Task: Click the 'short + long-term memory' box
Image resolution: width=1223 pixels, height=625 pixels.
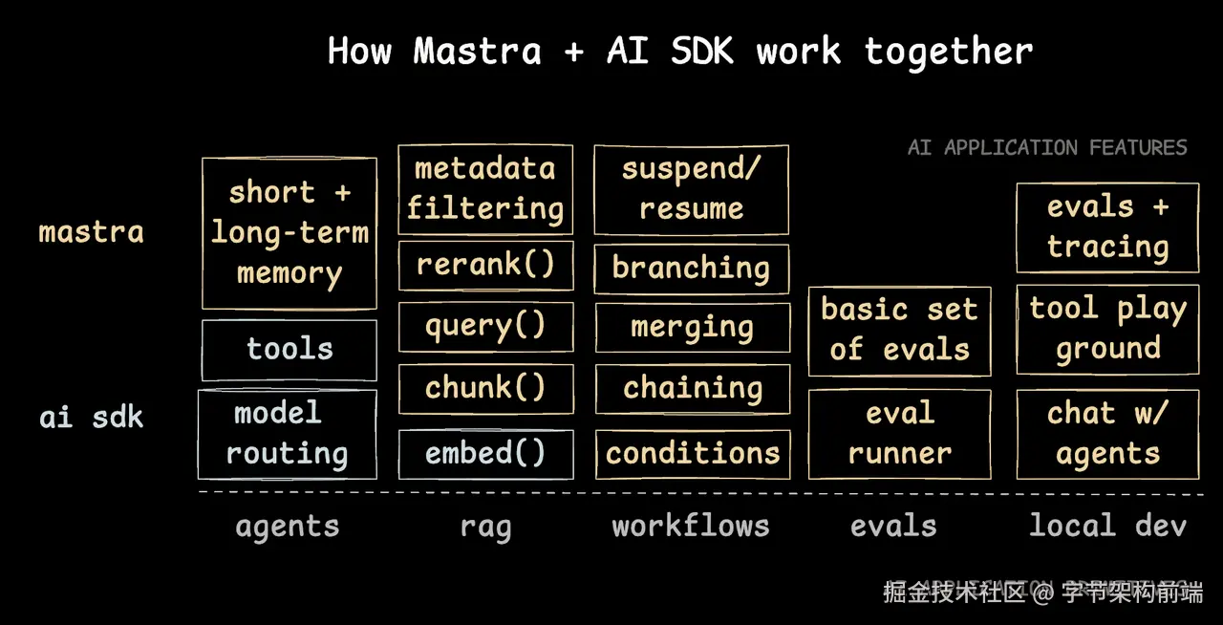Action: pyautogui.click(x=290, y=233)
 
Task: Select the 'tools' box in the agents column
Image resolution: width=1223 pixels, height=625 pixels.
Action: pyautogui.click(x=290, y=349)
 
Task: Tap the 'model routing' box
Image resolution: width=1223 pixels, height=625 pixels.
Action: pyautogui.click(x=288, y=434)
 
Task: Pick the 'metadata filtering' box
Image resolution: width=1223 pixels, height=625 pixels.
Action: pyautogui.click(x=485, y=189)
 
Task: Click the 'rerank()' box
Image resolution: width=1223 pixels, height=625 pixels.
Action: pyautogui.click(x=485, y=265)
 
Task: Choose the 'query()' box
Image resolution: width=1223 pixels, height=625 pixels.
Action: pyautogui.click(x=485, y=326)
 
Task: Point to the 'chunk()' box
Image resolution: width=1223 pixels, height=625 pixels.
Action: pyautogui.click(x=485, y=387)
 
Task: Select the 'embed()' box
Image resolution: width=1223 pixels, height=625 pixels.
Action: pyautogui.click(x=485, y=453)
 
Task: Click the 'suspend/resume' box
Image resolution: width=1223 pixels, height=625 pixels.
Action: pyautogui.click(x=691, y=189)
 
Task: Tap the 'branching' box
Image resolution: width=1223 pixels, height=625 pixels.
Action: pyautogui.click(x=691, y=268)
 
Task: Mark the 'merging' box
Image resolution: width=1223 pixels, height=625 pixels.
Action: pyautogui.click(x=693, y=327)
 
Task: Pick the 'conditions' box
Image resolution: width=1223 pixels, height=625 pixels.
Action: pyautogui.click(x=693, y=453)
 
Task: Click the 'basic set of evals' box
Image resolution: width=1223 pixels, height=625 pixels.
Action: pyautogui.click(x=899, y=329)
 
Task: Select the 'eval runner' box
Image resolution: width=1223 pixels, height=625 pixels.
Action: pyautogui.click(x=899, y=434)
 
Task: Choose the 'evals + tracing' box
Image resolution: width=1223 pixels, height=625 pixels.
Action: pyautogui.click(x=1107, y=227)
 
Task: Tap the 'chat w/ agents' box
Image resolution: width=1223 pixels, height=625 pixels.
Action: pyautogui.click(x=1107, y=434)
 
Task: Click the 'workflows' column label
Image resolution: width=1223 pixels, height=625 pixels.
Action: pyautogui.click(x=691, y=526)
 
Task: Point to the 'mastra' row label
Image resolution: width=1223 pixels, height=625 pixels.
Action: pyautogui.click(x=92, y=232)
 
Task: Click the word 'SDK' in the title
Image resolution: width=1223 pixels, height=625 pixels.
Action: pyautogui.click(x=702, y=51)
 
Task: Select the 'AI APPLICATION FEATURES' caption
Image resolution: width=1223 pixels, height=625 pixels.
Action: pyautogui.click(x=1047, y=147)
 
